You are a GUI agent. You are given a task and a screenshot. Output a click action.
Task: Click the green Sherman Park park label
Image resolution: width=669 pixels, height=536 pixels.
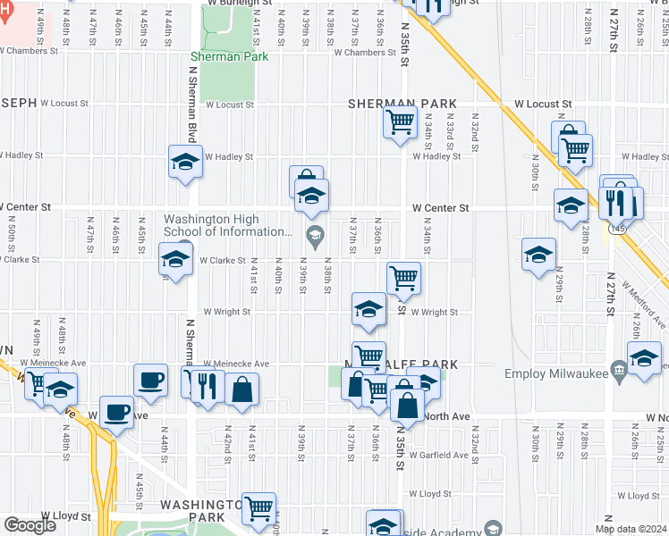pyautogui.click(x=229, y=56)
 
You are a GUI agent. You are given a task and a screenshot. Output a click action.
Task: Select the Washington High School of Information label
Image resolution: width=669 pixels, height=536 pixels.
pyautogui.click(x=227, y=225)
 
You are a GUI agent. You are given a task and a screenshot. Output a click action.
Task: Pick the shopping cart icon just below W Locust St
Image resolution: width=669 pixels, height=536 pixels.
pyautogui.click(x=401, y=121)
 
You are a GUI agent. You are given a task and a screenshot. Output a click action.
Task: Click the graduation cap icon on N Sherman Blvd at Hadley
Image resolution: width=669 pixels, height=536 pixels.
pyautogui.click(x=185, y=161)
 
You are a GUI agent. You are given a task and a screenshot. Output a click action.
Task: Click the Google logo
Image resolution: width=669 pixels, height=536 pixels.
pyautogui.click(x=30, y=524)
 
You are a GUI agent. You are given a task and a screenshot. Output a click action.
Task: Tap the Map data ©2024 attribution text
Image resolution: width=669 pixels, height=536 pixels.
pyautogui.click(x=631, y=529)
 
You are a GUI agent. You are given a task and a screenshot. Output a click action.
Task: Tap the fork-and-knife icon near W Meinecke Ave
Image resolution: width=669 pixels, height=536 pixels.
pyautogui.click(x=207, y=387)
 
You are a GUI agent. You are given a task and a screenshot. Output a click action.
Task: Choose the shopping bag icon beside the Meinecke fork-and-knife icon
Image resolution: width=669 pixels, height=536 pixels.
pyautogui.click(x=241, y=388)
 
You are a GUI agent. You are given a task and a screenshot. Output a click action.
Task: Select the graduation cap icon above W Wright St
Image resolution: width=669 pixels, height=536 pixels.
pyautogui.click(x=368, y=309)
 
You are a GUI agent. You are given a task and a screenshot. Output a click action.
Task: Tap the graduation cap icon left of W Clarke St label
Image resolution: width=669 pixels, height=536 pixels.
pyautogui.click(x=175, y=260)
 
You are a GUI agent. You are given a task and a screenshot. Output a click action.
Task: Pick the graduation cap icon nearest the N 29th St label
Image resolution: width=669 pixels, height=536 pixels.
pyautogui.click(x=538, y=254)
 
